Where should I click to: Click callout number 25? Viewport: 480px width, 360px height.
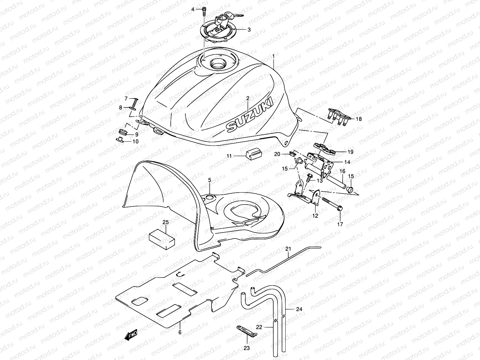tap(166, 222)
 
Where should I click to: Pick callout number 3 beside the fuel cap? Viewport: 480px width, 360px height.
tap(249, 30)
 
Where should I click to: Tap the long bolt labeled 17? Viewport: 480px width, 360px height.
tap(331, 201)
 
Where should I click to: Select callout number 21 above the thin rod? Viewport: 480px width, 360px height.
tap(288, 249)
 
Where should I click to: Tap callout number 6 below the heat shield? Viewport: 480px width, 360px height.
tap(180, 332)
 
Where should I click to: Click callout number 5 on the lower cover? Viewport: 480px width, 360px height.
tap(210, 180)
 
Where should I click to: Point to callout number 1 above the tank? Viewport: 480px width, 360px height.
tap(273, 56)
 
